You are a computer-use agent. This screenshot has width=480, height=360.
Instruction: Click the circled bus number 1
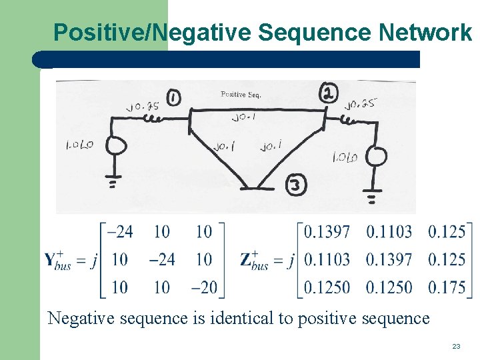click(173, 99)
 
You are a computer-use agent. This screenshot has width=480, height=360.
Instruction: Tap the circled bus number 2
click(327, 93)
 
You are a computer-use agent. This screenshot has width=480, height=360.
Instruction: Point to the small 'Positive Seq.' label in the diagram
click(241, 94)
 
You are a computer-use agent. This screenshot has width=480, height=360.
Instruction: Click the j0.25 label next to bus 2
click(360, 103)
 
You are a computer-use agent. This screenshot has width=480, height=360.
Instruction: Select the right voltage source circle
click(375, 157)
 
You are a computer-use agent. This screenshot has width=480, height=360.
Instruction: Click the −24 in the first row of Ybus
click(120, 231)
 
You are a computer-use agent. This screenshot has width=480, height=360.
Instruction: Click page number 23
click(456, 346)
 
